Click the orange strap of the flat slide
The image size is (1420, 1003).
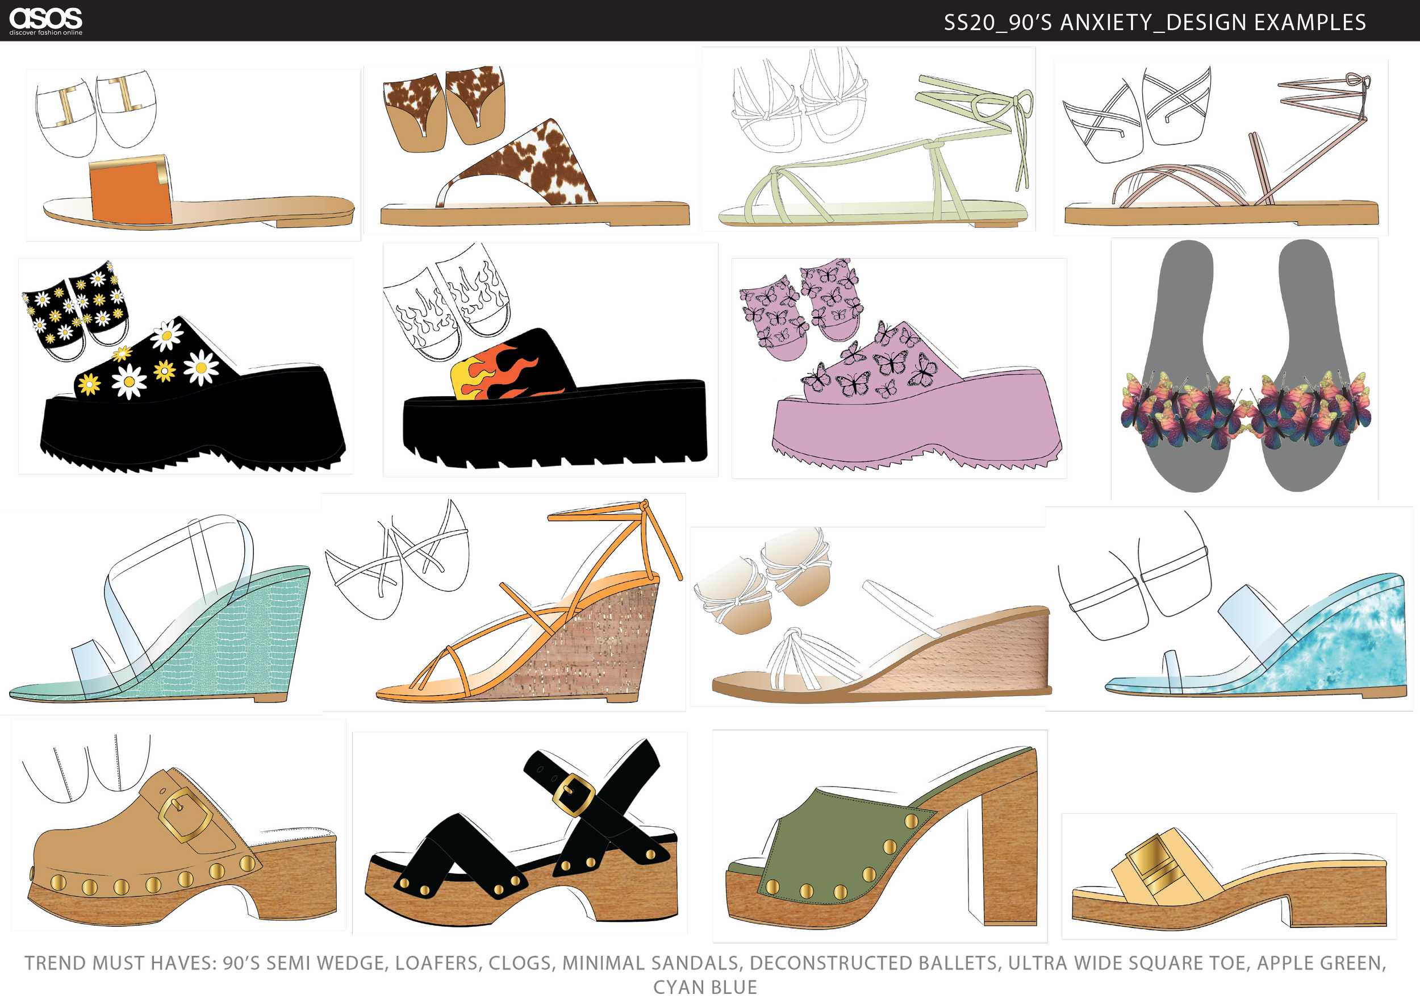tap(130, 192)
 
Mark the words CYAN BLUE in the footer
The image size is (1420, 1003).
tap(705, 988)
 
